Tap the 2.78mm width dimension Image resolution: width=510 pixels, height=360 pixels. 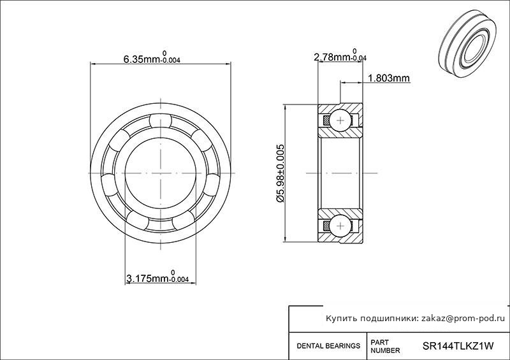pyautogui.click(x=340, y=55)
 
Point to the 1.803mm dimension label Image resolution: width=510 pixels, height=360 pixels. pyautogui.click(x=389, y=78)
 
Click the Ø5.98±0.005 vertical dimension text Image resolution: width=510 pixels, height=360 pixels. pyautogui.click(x=280, y=173)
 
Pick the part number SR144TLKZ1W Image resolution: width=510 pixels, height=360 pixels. pyautogui.click(x=458, y=346)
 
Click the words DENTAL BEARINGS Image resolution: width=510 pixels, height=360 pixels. pyautogui.click(x=328, y=346)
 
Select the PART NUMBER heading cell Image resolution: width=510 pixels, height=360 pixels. pyautogui.click(x=385, y=347)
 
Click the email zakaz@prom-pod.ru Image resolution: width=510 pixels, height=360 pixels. pyautogui.click(x=463, y=319)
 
